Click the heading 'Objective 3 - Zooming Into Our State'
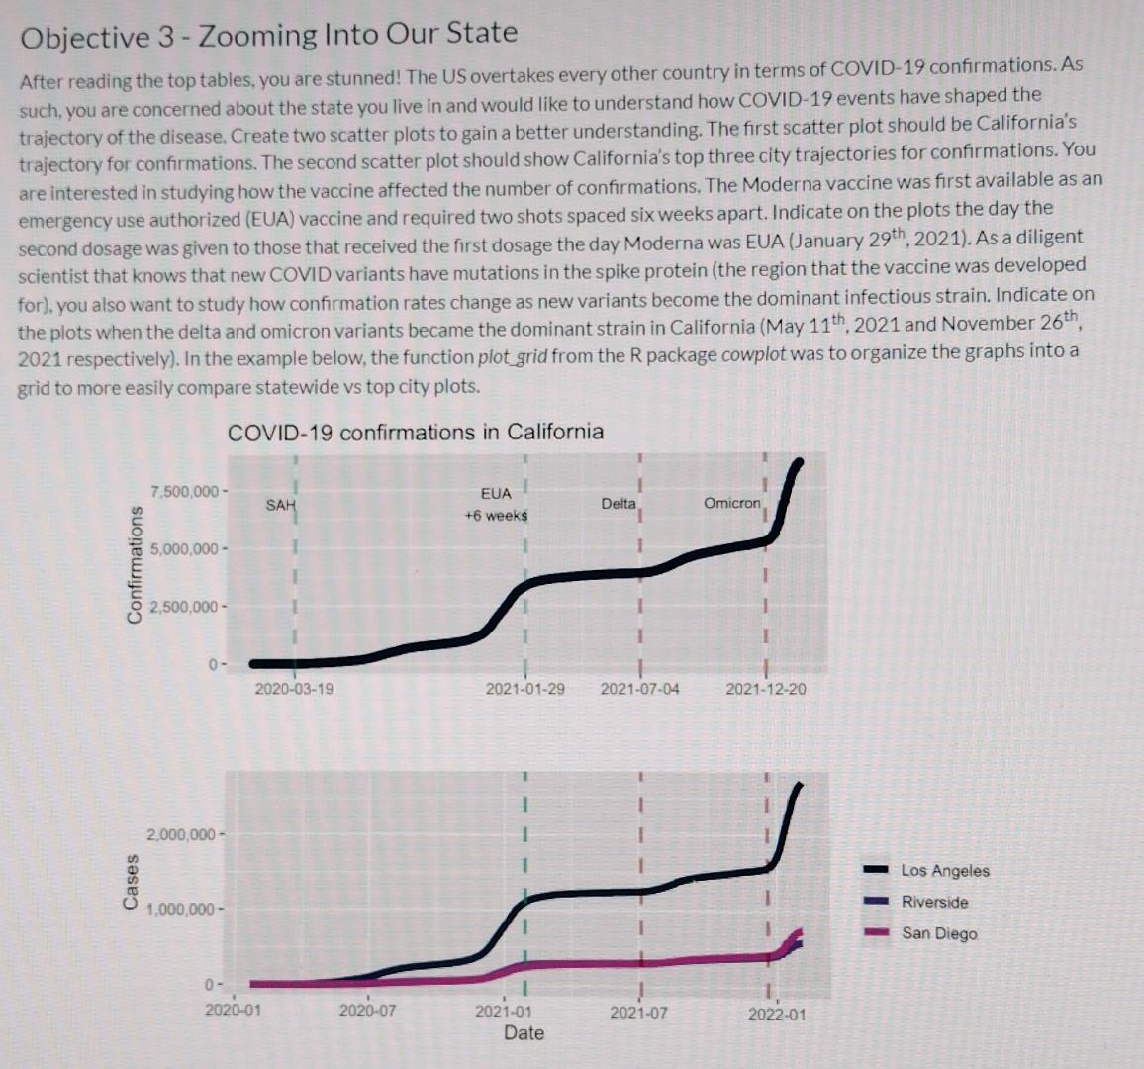[x=269, y=36]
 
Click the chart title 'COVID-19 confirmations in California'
[x=415, y=433]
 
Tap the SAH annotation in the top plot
[x=280, y=506]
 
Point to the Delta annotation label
[x=619, y=504]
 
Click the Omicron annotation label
[x=731, y=503]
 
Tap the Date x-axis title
[x=524, y=1033]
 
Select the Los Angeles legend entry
[x=944, y=871]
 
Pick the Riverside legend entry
[x=934, y=903]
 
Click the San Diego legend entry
[x=938, y=934]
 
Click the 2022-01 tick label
[x=777, y=1014]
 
